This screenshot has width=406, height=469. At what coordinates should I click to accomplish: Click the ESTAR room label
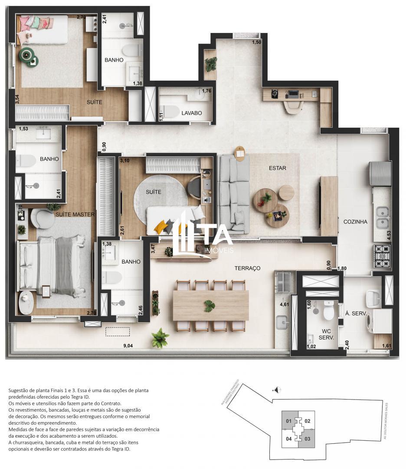pyautogui.click(x=277, y=168)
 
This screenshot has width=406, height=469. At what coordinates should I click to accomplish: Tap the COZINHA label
pyautogui.click(x=355, y=221)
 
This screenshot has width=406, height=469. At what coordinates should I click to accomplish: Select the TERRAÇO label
pyautogui.click(x=247, y=268)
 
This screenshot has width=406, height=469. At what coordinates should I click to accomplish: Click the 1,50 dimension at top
pyautogui.click(x=257, y=42)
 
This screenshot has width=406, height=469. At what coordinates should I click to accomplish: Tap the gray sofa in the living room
pyautogui.click(x=233, y=194)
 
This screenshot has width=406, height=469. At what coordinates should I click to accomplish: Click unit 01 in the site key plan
pyautogui.click(x=288, y=421)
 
